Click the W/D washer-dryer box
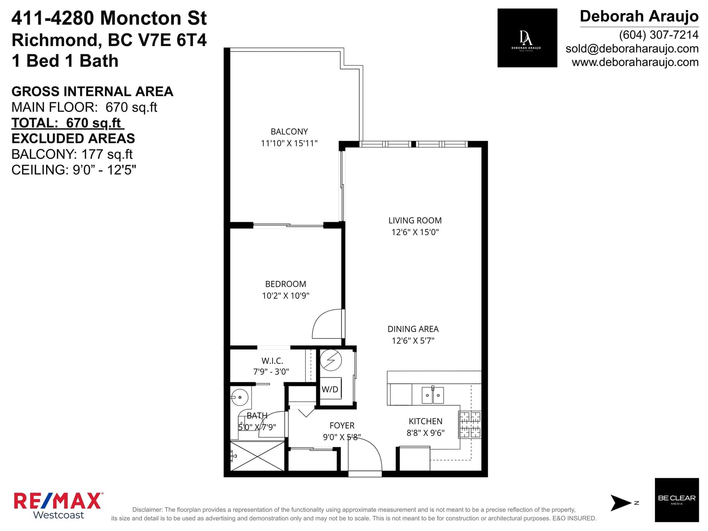(x=331, y=388)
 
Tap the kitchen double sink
(x=432, y=395)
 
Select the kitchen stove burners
(x=470, y=425)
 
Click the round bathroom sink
(x=239, y=397)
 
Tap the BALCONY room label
(x=289, y=131)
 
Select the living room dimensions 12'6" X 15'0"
(x=415, y=232)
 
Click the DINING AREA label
(x=413, y=329)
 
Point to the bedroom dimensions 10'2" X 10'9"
(x=285, y=296)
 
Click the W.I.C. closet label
(x=272, y=361)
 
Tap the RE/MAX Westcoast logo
(x=58, y=505)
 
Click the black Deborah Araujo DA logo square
(x=527, y=38)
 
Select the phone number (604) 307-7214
(x=658, y=35)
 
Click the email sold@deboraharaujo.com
(x=632, y=49)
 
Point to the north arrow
(x=620, y=503)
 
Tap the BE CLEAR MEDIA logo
(x=677, y=500)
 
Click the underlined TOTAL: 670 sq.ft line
(x=67, y=123)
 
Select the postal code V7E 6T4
(x=172, y=40)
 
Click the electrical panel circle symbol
(x=331, y=360)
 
